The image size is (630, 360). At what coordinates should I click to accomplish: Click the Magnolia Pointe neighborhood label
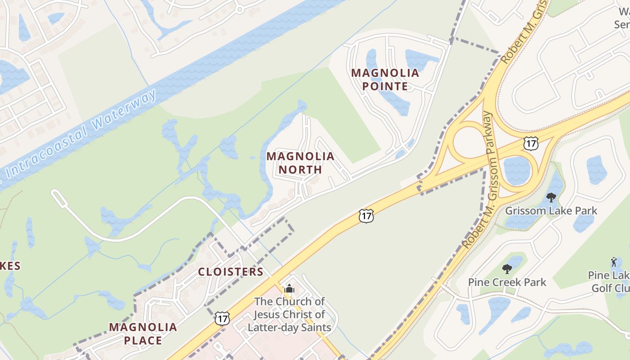point(385,79)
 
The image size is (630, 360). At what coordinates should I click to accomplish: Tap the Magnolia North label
point(301,163)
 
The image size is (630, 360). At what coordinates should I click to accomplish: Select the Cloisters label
point(231,272)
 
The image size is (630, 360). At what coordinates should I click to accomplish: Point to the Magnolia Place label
point(143,333)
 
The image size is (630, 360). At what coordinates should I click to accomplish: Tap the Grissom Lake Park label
point(551,211)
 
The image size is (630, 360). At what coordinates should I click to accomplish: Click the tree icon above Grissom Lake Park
point(551,197)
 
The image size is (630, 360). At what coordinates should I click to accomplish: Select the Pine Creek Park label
point(507,282)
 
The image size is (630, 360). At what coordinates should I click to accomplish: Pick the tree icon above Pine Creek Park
point(507,269)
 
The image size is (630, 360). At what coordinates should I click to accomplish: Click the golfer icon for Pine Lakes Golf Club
point(614,261)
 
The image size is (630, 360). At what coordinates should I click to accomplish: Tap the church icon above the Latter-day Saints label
point(289,288)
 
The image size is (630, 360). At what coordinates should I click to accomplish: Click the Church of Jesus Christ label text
point(289,314)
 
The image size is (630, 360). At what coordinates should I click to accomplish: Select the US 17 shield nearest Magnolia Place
point(222,318)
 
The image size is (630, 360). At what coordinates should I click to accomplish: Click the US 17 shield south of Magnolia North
point(366,216)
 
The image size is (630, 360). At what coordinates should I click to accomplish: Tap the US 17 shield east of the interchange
point(531,144)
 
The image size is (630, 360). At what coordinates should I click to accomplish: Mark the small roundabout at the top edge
point(239,9)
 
